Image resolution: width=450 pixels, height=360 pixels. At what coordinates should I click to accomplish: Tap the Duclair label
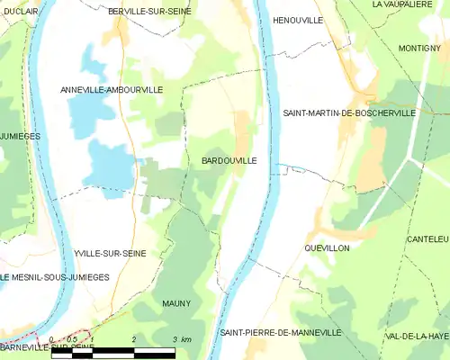20,11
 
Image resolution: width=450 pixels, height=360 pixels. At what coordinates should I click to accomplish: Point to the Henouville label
298,20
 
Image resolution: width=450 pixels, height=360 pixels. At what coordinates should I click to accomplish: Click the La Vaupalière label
403,4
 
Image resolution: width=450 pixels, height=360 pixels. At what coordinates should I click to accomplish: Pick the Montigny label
418,48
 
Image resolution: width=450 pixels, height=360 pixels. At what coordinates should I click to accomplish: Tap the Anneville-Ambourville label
111,90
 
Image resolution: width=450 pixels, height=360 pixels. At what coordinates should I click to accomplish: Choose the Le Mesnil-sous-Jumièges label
55,277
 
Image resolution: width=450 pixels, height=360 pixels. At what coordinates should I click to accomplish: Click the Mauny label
176,303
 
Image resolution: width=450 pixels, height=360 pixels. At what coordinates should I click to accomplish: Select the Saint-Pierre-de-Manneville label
281,332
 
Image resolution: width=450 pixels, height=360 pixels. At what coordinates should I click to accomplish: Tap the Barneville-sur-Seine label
47,347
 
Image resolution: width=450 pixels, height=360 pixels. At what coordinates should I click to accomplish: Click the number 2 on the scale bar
133,339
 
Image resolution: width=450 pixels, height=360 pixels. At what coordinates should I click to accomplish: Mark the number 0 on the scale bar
52,339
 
